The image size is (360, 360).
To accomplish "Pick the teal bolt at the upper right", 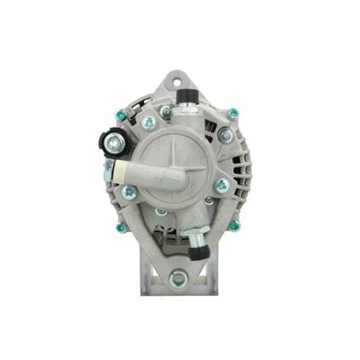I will point(233,112).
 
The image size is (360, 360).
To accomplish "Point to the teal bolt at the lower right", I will point(234,226).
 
